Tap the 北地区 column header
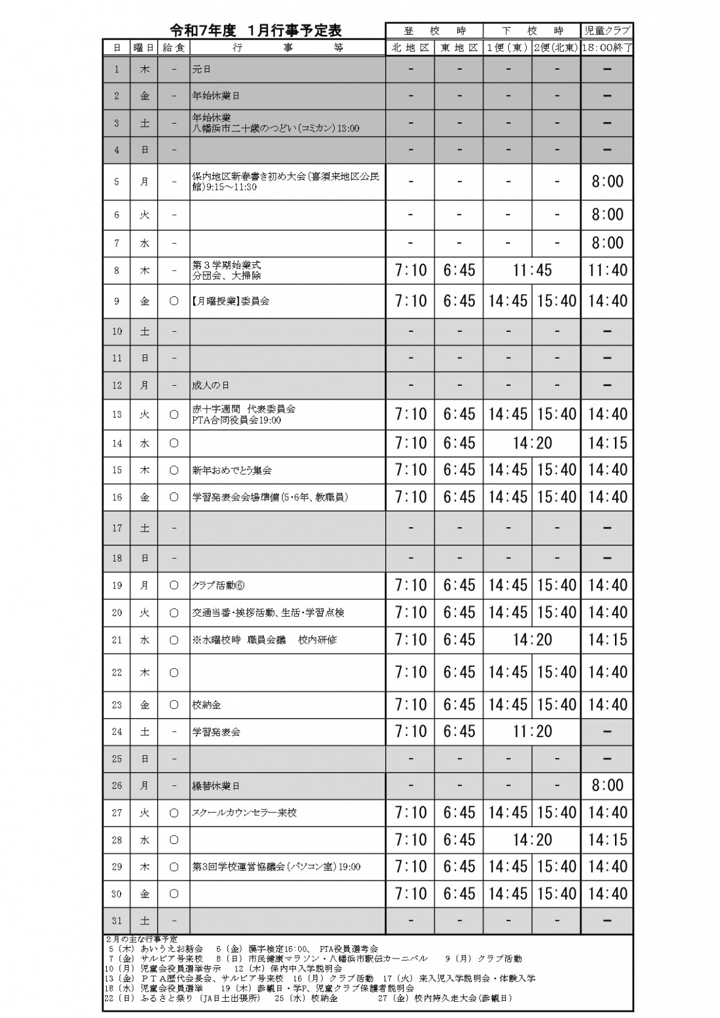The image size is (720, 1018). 411,48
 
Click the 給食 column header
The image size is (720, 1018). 174,48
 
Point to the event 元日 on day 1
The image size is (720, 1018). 201,70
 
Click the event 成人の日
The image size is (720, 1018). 211,385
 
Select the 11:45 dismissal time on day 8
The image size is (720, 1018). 532,271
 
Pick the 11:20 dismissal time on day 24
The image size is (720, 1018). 532,732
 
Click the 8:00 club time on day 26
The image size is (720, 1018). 607,785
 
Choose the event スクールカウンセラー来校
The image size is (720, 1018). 244,813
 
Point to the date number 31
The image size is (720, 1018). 117,921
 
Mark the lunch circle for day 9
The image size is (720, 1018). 174,301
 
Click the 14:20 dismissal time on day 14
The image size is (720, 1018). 532,443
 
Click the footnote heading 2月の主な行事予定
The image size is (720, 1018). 142,939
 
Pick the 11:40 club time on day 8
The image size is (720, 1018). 607,271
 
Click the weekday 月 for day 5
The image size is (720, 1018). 145,181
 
